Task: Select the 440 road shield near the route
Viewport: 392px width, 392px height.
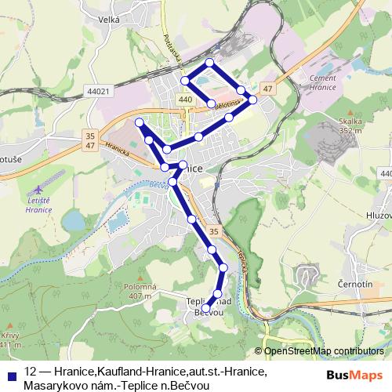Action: coord(185,100)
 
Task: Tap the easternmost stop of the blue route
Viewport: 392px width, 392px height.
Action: coord(252,100)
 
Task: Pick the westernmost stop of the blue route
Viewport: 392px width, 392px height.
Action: coord(139,122)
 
